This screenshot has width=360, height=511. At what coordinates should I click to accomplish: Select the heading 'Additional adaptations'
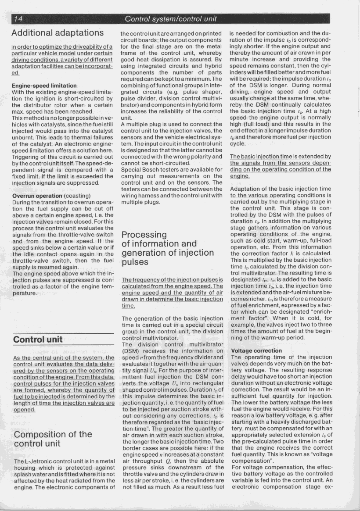tap(58, 33)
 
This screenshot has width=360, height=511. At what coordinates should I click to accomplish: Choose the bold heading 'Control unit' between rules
tap(38, 339)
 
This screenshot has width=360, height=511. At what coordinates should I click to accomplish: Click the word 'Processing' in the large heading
tap(144, 235)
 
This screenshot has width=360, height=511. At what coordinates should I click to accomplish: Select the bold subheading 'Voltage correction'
tap(256, 351)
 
